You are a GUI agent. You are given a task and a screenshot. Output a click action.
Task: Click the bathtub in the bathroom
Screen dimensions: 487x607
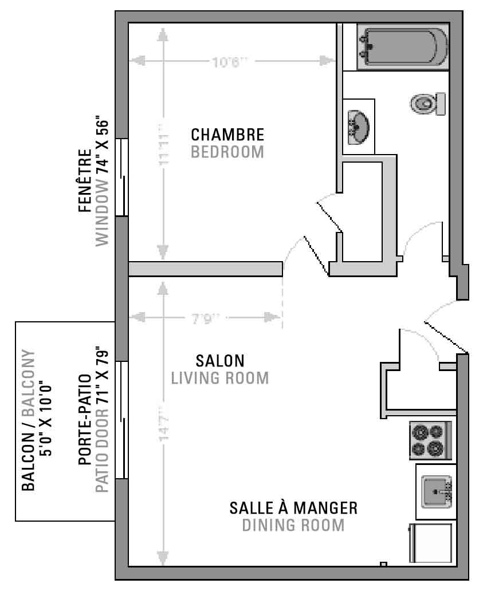click(403, 47)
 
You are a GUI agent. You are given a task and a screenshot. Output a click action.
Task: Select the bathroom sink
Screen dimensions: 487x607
click(358, 127)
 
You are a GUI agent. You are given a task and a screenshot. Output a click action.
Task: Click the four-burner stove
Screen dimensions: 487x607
click(430, 440)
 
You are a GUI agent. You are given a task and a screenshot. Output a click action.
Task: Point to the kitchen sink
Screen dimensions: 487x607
click(437, 492)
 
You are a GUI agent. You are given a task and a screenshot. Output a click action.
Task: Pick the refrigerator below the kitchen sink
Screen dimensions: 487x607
click(430, 543)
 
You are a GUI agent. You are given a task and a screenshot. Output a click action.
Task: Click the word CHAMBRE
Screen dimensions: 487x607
click(227, 135)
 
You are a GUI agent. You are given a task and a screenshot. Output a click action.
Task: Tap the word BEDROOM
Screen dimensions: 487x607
click(227, 152)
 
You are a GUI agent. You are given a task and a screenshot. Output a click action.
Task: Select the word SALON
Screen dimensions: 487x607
click(220, 361)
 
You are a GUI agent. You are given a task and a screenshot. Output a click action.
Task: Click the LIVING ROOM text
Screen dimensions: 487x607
click(220, 378)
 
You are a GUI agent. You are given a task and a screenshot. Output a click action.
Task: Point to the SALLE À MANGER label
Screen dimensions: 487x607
click(293, 508)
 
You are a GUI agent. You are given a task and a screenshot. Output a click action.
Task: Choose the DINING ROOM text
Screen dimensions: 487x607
click(293, 525)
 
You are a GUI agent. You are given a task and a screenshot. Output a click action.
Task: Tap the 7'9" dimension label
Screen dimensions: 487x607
click(206, 318)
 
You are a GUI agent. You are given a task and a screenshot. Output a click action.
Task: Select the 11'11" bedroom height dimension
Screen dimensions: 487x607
click(164, 144)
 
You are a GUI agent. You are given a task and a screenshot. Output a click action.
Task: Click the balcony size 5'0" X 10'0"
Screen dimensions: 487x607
click(46, 420)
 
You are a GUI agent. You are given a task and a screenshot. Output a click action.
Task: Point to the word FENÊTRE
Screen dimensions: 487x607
click(85, 181)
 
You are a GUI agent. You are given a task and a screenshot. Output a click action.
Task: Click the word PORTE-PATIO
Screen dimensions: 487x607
click(85, 420)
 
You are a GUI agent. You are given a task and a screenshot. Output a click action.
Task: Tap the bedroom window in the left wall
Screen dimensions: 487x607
click(121, 178)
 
